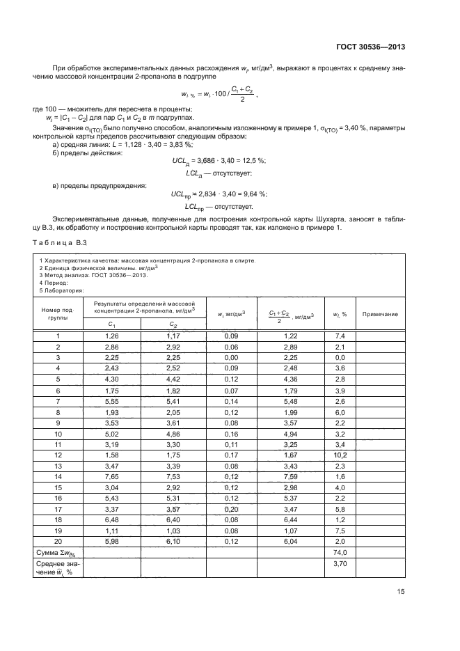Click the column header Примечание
click(380, 314)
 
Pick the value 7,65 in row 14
click(112, 476)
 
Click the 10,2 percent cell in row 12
click(340, 455)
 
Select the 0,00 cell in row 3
click(231, 357)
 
